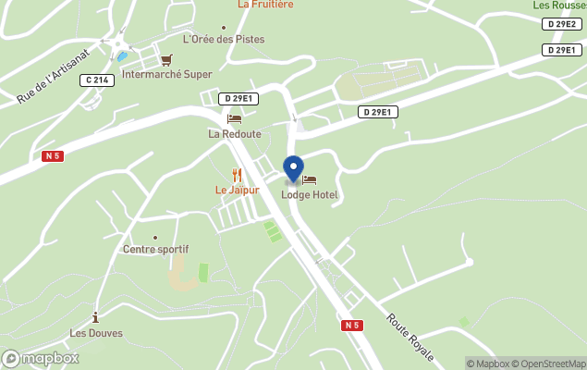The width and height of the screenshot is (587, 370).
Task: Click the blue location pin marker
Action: tap(293, 169)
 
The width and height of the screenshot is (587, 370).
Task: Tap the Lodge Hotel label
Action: tap(310, 195)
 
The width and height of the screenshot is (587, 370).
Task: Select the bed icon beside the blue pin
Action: tap(310, 179)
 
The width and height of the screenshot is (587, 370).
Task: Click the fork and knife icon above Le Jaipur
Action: tap(237, 175)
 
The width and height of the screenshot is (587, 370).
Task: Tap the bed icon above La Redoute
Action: tap(234, 118)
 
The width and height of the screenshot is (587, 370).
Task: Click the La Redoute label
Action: tap(234, 134)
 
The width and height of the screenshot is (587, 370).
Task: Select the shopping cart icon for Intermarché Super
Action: tap(166, 60)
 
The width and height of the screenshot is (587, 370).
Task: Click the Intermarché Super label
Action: tap(166, 75)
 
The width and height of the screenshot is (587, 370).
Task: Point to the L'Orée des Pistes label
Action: tap(224, 40)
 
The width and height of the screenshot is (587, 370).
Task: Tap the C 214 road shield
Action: tap(97, 80)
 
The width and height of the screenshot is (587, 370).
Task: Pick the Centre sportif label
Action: tap(155, 250)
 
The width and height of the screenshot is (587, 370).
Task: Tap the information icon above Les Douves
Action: tap(95, 317)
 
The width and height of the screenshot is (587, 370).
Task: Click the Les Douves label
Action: tap(95, 333)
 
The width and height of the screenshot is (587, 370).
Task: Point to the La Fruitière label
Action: tap(265, 5)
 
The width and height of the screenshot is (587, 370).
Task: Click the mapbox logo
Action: tap(41, 358)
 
